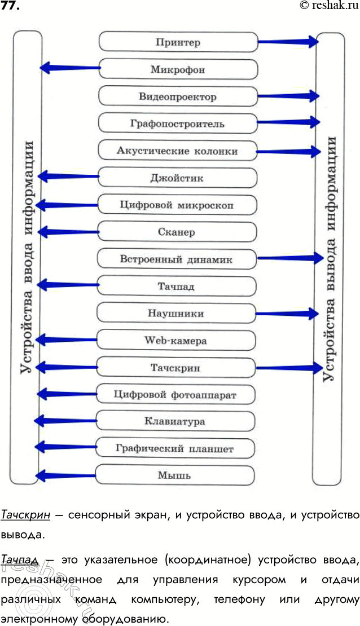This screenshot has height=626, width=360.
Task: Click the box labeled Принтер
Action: pyautogui.click(x=178, y=42)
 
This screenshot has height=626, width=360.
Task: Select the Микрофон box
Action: pyautogui.click(x=178, y=70)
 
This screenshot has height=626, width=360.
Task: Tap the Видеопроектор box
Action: pyautogui.click(x=178, y=96)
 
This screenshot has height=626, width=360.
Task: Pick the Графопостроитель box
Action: pyautogui.click(x=178, y=123)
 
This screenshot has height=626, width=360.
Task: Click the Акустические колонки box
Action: pyautogui.click(x=178, y=151)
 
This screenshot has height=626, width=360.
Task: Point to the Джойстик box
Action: pyautogui.click(x=178, y=178)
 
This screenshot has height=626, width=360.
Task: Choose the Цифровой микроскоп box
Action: pyautogui.click(x=178, y=205)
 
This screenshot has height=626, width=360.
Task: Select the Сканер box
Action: pyautogui.click(x=178, y=232)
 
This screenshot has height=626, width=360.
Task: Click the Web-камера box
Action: pyautogui.click(x=177, y=341)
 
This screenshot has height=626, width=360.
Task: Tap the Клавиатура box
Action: pyautogui.click(x=175, y=421)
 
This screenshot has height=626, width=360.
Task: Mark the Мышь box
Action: pyautogui.click(x=175, y=475)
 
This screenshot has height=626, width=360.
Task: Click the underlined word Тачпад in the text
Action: pyautogui.click(x=20, y=561)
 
